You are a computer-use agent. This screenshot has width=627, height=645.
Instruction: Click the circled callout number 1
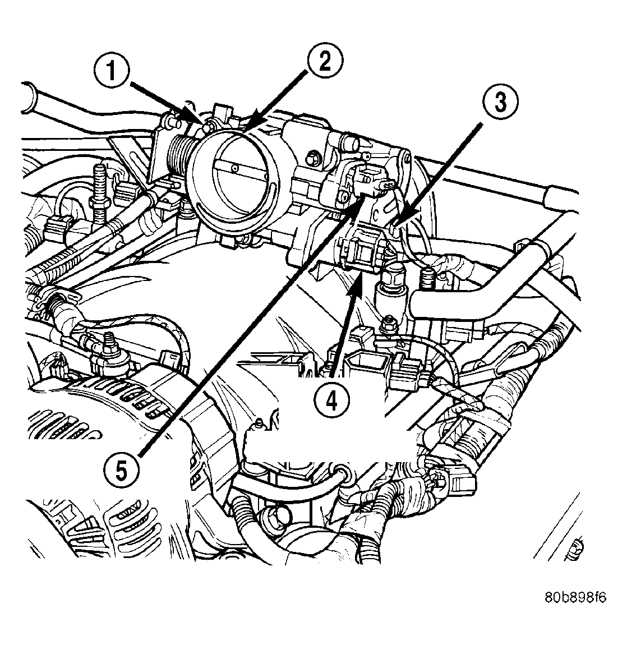point(112,71)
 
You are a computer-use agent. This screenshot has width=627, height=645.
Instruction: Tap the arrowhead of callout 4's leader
point(354,282)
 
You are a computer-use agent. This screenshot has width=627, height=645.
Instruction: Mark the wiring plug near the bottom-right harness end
point(459,478)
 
